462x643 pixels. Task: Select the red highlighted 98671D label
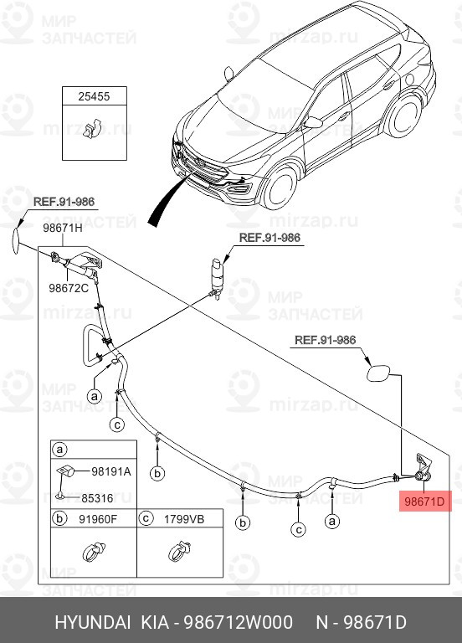[428, 502]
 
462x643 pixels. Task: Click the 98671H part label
[63, 228]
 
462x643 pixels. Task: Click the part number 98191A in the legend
[110, 471]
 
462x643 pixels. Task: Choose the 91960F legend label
[97, 519]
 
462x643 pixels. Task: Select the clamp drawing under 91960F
[93, 553]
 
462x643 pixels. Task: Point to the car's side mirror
[313, 122]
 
